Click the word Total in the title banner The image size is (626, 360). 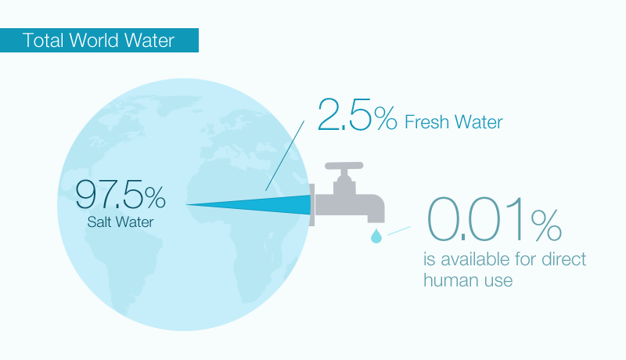click(43, 41)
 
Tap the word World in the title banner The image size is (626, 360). click(94, 41)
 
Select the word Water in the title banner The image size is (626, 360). click(149, 41)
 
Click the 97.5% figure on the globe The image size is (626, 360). click(121, 194)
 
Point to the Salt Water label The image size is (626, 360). click(121, 222)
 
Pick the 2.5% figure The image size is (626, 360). click(358, 115)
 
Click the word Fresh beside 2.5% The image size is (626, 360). click(426, 122)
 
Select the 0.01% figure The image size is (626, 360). click(495, 219)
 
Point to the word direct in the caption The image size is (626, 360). click(563, 259)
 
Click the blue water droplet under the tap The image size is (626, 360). click(376, 236)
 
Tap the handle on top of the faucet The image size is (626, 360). click(344, 166)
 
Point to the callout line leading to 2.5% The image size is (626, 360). click(285, 156)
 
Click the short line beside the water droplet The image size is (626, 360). click(399, 231)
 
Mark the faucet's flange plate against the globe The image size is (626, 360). click(311, 205)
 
